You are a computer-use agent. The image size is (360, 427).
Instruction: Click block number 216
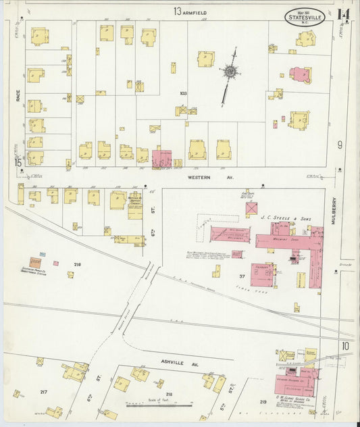[77, 264]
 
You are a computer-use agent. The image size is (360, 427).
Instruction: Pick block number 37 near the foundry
[241, 276]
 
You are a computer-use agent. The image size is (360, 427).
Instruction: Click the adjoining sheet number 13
[177, 11]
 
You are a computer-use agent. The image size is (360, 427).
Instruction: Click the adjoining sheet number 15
[18, 161]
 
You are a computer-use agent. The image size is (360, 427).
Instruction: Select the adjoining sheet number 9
[340, 145]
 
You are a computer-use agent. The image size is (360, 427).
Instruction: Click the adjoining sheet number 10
[344, 346]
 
